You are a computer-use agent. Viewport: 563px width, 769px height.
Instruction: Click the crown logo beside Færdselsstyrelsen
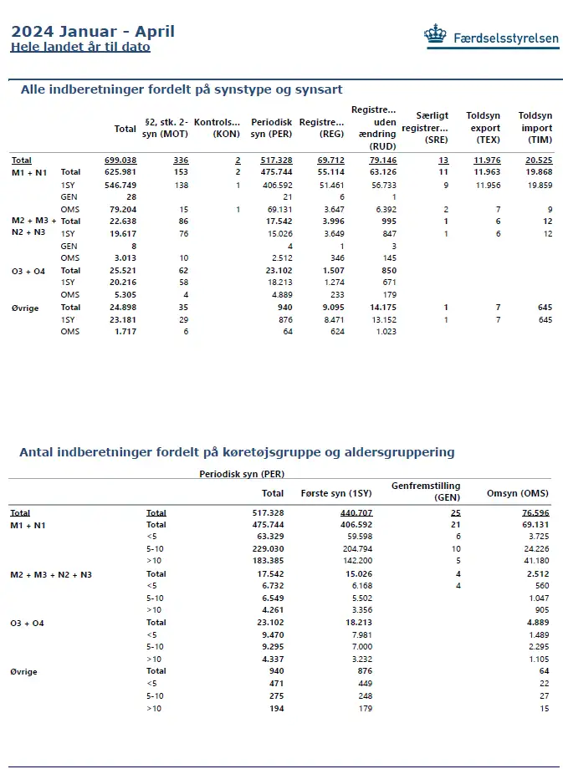pos(435,36)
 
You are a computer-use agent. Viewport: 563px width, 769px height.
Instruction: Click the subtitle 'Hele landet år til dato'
pos(80,48)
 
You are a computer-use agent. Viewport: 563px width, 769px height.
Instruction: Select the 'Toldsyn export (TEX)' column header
pos(483,128)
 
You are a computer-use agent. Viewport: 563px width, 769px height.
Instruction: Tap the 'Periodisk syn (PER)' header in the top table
pos(271,128)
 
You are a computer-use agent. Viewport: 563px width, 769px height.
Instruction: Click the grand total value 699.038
pos(120,160)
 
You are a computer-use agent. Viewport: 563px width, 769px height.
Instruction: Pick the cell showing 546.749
pos(120,184)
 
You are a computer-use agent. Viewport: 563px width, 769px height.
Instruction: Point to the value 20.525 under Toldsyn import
pos(535,160)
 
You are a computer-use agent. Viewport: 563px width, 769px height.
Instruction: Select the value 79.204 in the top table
pos(120,209)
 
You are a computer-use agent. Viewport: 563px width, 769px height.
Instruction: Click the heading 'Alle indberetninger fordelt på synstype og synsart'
pos(182,89)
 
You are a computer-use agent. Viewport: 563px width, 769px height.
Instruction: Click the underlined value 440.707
pos(356,512)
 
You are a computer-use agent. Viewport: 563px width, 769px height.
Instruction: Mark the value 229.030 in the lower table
pos(267,548)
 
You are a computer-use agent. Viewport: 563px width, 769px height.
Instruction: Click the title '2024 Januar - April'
pos(93,32)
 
